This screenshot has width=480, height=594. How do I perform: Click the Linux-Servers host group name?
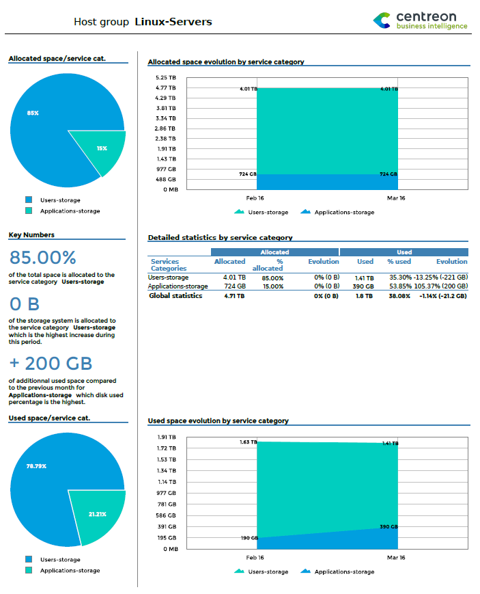tap(173, 22)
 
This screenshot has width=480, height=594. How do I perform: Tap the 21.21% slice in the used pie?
tap(98, 514)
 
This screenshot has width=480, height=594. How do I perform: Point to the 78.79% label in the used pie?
tap(36, 466)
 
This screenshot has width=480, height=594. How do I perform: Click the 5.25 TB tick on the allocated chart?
tap(167, 77)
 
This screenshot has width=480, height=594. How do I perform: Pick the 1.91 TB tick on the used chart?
tap(167, 437)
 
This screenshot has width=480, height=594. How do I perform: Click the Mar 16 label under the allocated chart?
tap(396, 198)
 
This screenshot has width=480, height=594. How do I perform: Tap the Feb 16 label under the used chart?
tap(255, 558)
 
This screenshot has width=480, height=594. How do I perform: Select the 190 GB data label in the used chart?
tap(249, 538)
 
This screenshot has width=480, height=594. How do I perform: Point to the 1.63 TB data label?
tap(249, 442)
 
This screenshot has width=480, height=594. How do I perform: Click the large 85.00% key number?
tap(43, 258)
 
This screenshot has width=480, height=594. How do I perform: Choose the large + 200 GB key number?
tap(51, 363)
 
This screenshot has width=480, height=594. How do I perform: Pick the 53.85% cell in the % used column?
tap(399, 286)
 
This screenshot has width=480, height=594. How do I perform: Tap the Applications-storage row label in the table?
tap(178, 286)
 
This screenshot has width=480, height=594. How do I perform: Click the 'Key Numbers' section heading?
tap(31, 234)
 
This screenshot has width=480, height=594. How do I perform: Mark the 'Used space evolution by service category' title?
tap(218, 420)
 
